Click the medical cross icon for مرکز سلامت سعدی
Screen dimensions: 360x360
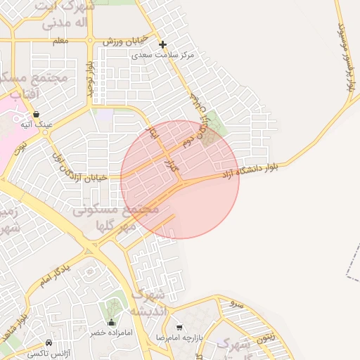pos(162,44)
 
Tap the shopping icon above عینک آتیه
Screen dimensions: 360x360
pos(36,114)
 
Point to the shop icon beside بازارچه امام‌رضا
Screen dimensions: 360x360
pos(179,328)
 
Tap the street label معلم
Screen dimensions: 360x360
pos(61,41)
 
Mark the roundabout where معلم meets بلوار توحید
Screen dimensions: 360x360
pos(90,40)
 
